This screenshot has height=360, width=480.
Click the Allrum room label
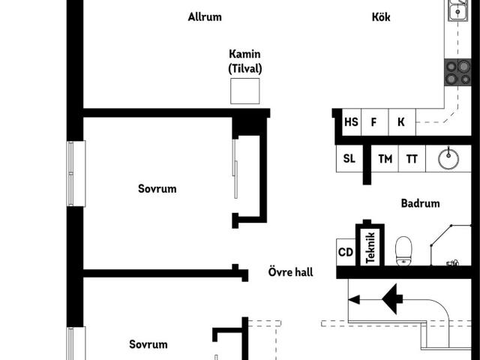tap(205, 16)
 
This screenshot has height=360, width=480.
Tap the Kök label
tap(381, 16)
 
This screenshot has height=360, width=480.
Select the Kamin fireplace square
tap(245, 91)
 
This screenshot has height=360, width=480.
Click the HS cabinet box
tap(352, 121)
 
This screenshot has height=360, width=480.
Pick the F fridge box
tap(375, 121)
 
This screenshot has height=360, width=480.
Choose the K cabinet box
tap(402, 121)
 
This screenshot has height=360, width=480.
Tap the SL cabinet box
tap(349, 158)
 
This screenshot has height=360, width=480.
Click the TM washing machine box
tap(385, 158)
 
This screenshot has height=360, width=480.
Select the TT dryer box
tap(412, 158)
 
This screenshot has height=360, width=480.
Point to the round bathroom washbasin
tap(448, 158)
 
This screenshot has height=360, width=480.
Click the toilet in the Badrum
tap(403, 250)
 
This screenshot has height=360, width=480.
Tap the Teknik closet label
tap(370, 247)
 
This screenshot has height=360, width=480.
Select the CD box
tap(346, 252)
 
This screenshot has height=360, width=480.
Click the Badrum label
tap(420, 203)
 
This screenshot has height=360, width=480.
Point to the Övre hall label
tap(290, 271)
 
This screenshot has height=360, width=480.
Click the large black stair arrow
tap(392, 299)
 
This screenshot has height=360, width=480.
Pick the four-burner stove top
tap(457, 72)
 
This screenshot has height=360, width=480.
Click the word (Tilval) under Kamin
tap(245, 68)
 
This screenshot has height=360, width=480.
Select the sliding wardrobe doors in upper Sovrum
tap(235, 169)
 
